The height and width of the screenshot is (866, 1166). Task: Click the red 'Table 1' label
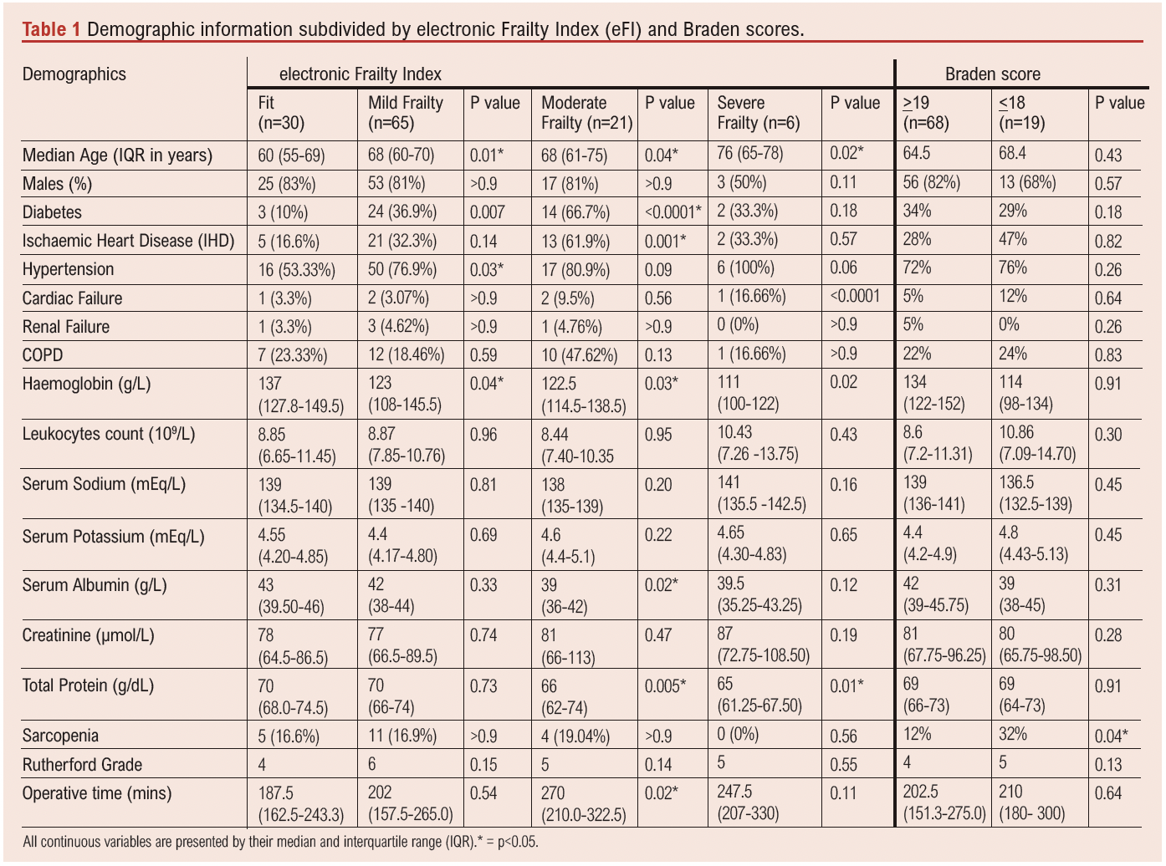tap(51, 30)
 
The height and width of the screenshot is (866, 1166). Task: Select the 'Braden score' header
tap(993, 74)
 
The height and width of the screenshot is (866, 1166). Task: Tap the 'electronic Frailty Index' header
tap(360, 74)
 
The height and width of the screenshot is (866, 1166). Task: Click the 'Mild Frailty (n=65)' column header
tap(406, 113)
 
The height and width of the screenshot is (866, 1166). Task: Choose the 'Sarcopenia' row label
tap(60, 736)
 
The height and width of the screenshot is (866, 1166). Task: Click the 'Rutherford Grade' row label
tap(82, 765)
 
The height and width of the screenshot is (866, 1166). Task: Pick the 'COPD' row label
tap(43, 355)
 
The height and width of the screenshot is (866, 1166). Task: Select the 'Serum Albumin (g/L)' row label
tap(95, 585)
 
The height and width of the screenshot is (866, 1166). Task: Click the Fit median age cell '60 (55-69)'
tap(291, 155)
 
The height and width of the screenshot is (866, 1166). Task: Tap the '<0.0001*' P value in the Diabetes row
tap(673, 212)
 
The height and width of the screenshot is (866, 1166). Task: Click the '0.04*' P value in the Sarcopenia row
tap(1112, 736)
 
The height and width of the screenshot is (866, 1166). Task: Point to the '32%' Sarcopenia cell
tap(1013, 735)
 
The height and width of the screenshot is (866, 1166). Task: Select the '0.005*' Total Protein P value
tap(666, 686)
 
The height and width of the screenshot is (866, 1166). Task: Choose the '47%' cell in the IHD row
tap(1013, 240)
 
